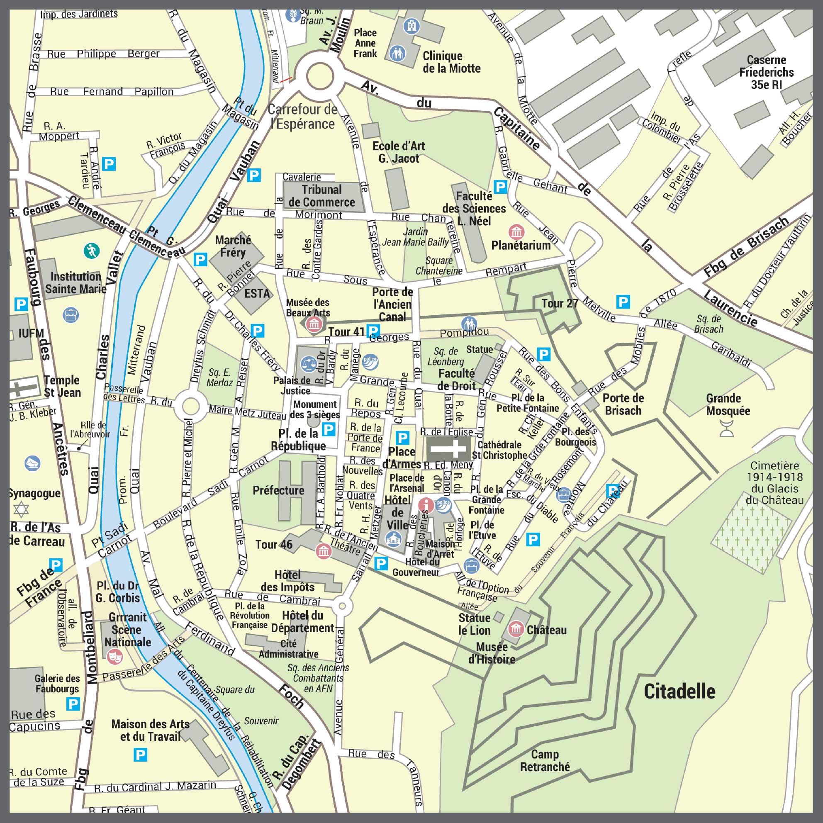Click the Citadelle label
[x=679, y=691]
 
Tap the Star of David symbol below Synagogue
[x=21, y=509]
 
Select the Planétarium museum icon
[x=516, y=232]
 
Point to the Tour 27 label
[x=559, y=303]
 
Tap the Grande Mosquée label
[x=728, y=404]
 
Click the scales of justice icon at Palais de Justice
[x=308, y=364]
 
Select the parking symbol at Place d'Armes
[x=402, y=438]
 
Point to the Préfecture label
[x=278, y=490]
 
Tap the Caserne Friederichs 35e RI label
[x=766, y=72]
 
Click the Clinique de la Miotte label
[x=451, y=62]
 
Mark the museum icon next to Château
[x=516, y=628]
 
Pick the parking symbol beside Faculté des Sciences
[x=500, y=186]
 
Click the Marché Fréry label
[x=233, y=246]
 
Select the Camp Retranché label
[x=545, y=760]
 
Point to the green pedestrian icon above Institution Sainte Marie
[x=92, y=251]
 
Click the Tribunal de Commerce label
[x=321, y=196]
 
